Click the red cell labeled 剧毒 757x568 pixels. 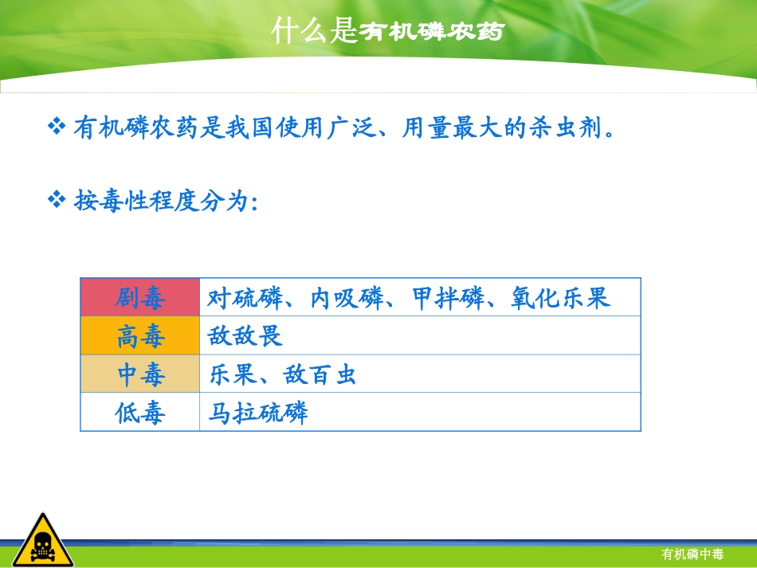[x=140, y=298]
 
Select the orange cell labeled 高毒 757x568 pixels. [x=140, y=336]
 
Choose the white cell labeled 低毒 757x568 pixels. [x=140, y=413]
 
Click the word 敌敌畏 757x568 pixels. [x=245, y=336]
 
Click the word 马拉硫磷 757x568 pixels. [x=257, y=413]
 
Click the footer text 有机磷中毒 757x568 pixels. [x=692, y=554]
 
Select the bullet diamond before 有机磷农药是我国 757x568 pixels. [x=56, y=126]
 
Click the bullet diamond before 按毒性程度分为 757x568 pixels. [x=56, y=199]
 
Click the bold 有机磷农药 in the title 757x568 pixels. [x=431, y=33]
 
